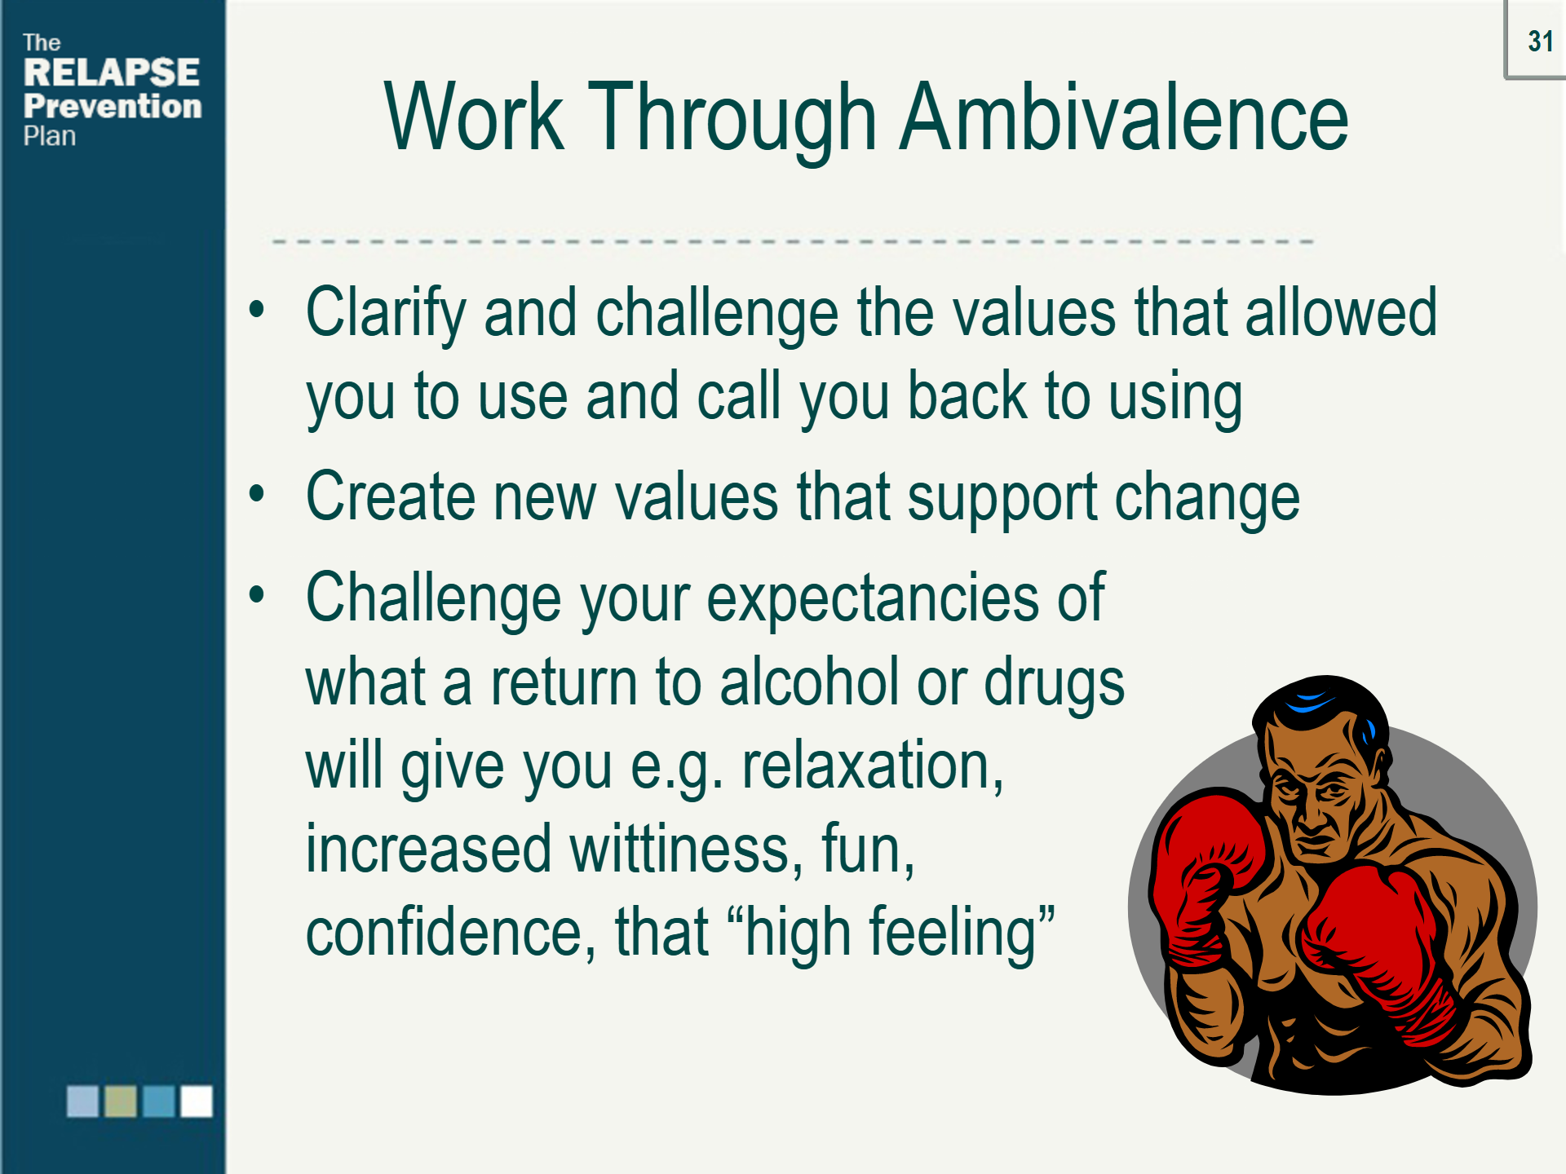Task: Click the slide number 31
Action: tap(1540, 42)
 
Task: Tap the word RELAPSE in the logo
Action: tap(112, 73)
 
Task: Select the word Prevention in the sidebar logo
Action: tap(113, 106)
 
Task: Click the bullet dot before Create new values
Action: tap(257, 493)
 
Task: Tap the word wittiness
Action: tap(679, 849)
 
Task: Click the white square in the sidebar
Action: tap(197, 1101)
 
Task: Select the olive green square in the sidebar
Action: tap(121, 1101)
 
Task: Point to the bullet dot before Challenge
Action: tap(257, 595)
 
